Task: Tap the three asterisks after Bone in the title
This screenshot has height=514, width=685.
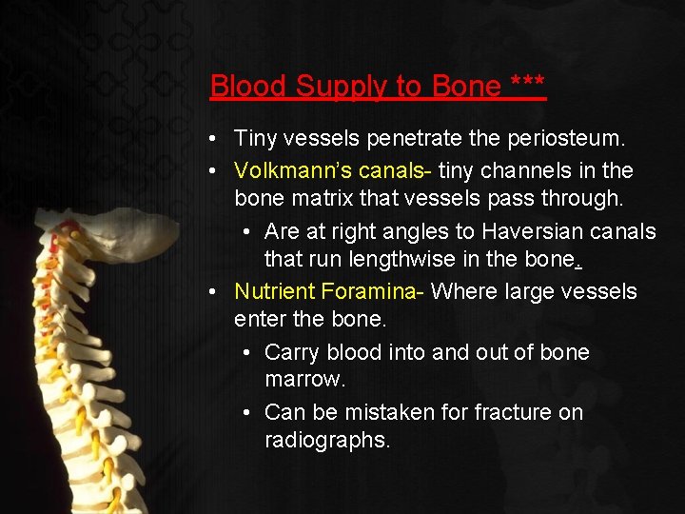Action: coord(528,84)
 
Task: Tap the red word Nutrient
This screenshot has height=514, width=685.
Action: coord(275,291)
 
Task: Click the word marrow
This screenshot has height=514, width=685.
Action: coord(304,380)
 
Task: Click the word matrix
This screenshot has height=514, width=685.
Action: coord(306,199)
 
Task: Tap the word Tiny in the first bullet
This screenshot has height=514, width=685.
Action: coord(255,139)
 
